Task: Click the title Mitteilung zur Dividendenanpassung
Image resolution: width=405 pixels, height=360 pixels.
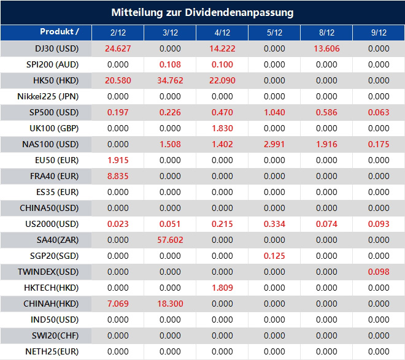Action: click(x=202, y=12)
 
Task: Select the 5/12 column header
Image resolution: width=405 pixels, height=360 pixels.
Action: click(x=275, y=33)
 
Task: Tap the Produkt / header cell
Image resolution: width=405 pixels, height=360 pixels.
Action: click(x=59, y=32)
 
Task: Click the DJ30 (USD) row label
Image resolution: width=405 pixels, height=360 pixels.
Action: click(x=48, y=48)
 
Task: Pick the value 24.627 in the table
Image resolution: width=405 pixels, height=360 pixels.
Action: click(x=118, y=48)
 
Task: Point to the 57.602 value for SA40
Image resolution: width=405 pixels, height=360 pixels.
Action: click(x=170, y=240)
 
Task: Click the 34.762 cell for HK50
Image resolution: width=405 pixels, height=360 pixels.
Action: click(x=170, y=80)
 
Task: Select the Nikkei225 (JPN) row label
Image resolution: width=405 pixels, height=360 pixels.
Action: click(x=48, y=96)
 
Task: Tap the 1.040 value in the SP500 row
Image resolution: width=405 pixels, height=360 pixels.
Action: click(x=275, y=112)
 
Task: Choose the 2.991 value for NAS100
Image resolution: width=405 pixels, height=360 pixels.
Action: click(x=275, y=144)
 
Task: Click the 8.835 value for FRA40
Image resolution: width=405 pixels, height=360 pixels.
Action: click(x=118, y=176)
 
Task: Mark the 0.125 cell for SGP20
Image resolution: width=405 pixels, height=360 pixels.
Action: click(x=275, y=256)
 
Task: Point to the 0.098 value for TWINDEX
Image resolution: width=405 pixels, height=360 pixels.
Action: click(x=379, y=272)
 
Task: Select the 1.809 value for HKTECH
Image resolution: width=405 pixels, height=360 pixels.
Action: click(x=223, y=288)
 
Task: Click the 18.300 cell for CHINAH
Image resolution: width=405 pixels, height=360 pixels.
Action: click(x=170, y=304)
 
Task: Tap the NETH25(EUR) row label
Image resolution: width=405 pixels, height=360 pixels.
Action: click(x=48, y=351)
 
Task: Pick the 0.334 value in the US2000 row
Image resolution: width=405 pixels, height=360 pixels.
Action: click(x=275, y=224)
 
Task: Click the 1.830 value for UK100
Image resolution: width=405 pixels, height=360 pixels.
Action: click(x=223, y=128)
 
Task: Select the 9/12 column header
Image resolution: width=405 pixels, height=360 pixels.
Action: click(x=379, y=33)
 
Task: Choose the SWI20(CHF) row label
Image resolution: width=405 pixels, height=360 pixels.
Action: click(x=48, y=335)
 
